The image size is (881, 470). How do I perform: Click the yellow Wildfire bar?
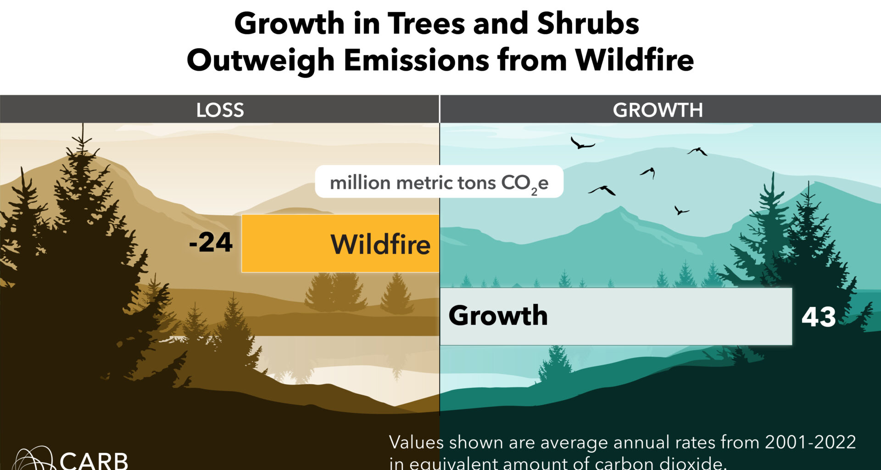point(284,243)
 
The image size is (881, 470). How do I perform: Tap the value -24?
point(211,242)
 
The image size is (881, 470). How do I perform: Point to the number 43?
point(818,317)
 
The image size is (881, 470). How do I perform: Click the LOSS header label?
point(220,110)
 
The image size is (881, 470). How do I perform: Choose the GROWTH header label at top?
point(658,110)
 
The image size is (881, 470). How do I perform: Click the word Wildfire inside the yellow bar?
point(380,244)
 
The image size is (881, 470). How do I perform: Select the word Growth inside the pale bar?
point(498,316)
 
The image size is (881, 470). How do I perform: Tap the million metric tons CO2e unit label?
point(439,183)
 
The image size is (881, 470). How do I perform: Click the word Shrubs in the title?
point(588,23)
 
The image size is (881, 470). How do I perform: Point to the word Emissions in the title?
point(417,60)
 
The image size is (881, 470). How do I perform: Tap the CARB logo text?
point(94,460)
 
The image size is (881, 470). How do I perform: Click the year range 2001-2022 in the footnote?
point(810,442)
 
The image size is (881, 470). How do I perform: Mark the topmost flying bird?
point(582,144)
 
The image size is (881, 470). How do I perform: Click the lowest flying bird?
point(681,211)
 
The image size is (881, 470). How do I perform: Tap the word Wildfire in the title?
point(635,60)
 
